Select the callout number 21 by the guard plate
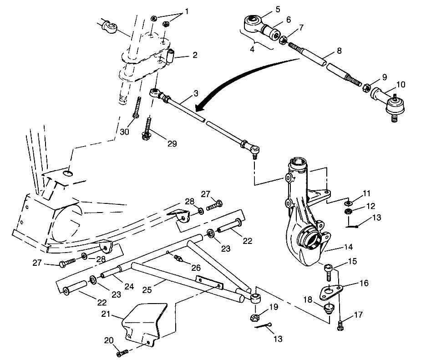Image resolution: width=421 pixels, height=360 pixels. tap(106, 314)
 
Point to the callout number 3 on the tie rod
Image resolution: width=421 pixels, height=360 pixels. tap(195, 93)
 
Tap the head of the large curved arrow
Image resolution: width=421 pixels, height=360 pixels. tap(197, 108)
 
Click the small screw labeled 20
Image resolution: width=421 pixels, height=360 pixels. tap(122, 353)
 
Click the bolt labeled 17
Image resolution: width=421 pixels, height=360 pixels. tap(340, 326)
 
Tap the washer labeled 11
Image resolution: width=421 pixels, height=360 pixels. tap(348, 202)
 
